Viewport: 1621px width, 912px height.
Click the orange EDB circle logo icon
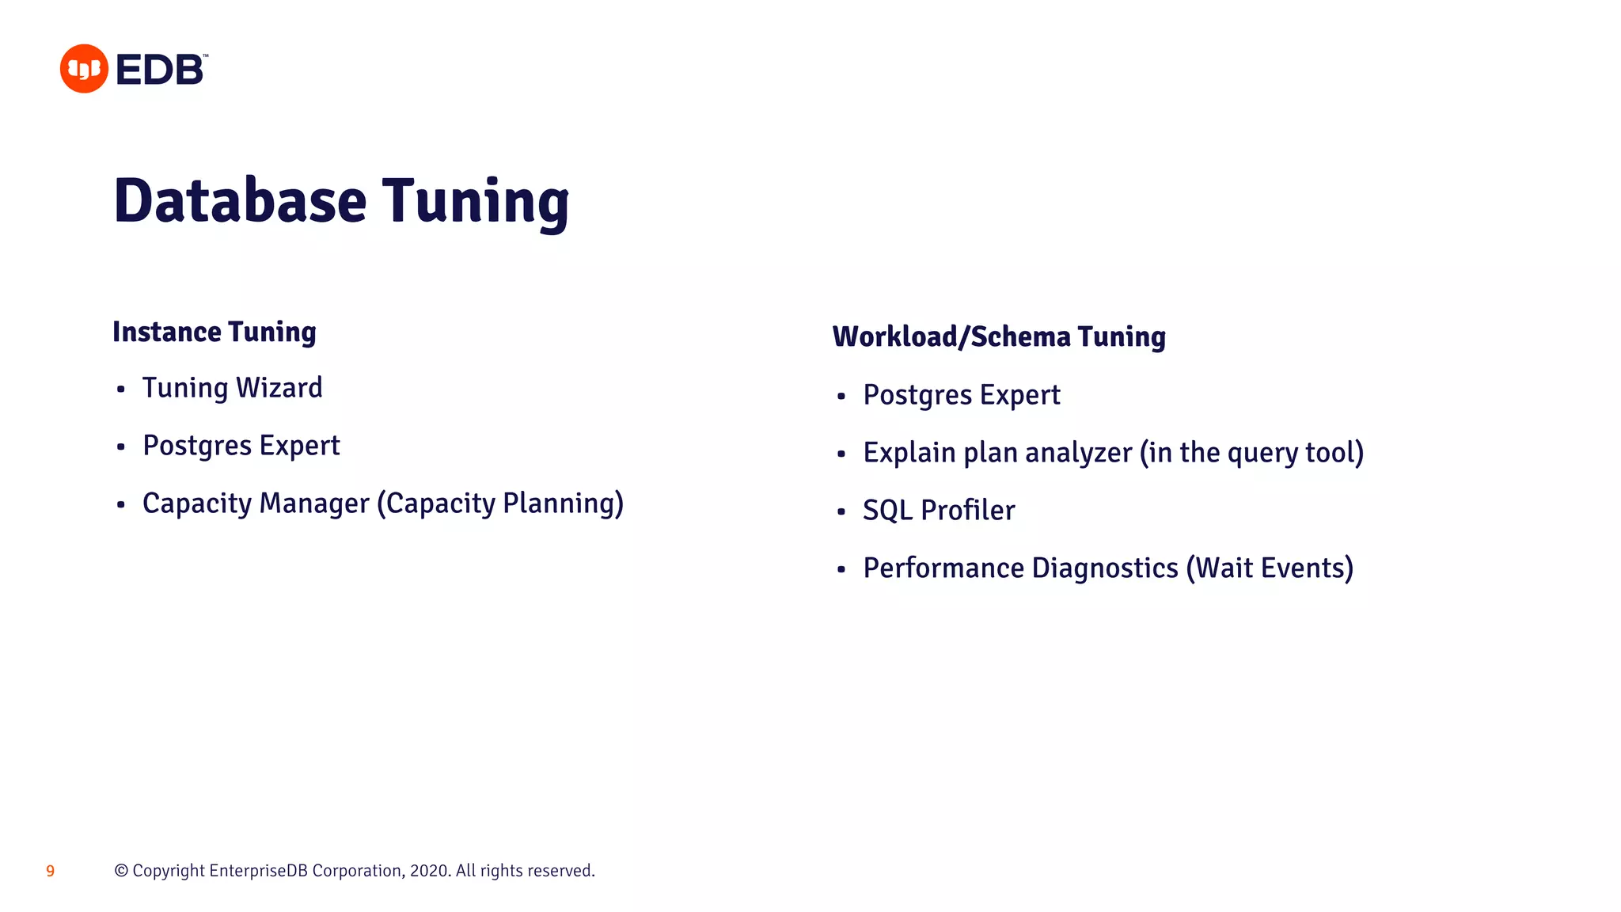point(84,69)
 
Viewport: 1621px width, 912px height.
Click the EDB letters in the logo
point(160,70)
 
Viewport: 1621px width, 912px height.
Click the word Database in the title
point(240,200)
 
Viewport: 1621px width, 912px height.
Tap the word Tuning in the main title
point(476,202)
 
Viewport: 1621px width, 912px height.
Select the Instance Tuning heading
point(214,332)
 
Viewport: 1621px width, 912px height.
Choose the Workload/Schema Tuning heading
point(999,336)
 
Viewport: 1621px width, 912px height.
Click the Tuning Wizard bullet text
point(232,388)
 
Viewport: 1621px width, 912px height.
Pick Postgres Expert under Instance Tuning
point(241,446)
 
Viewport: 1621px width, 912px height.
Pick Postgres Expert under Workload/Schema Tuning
point(961,395)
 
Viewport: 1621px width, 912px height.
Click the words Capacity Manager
point(256,503)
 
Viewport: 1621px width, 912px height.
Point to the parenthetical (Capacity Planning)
point(500,503)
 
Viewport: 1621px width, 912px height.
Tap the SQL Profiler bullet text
point(938,511)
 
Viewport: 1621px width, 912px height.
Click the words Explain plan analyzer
point(997,453)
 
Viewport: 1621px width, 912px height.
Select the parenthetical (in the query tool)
point(1251,453)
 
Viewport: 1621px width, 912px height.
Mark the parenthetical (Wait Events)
point(1270,568)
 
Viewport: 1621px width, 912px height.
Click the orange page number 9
point(51,872)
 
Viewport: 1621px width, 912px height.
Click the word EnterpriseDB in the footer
point(259,871)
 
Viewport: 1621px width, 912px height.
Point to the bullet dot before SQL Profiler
point(841,512)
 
